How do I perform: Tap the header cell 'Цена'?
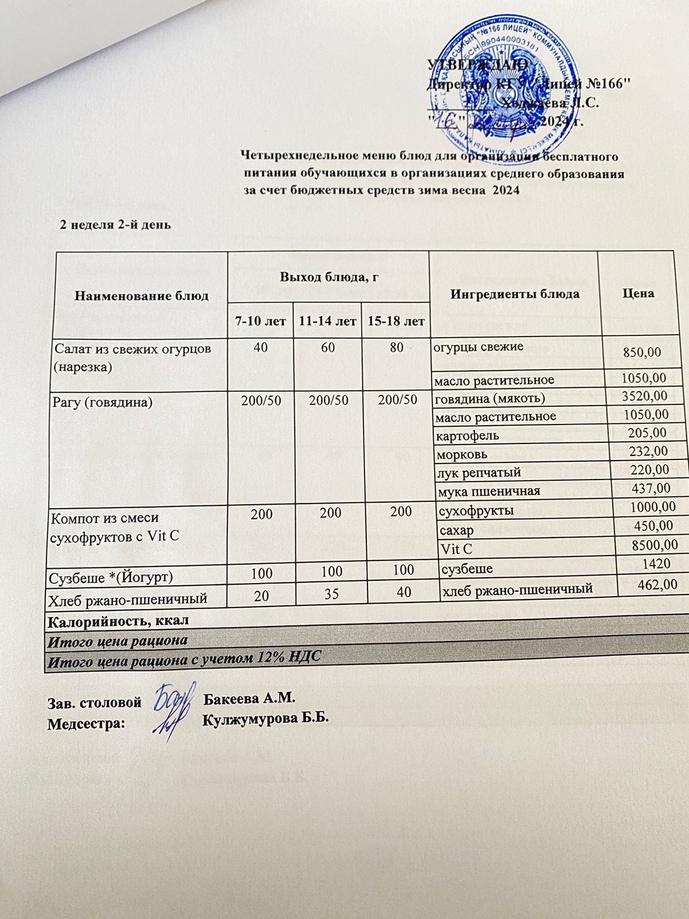pos(638,293)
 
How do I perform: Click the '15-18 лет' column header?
pos(396,321)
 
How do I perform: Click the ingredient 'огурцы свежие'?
pos(478,346)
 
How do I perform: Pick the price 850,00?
pos(642,352)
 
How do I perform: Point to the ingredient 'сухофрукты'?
pos(476,510)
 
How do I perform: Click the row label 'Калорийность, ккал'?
pos(118,621)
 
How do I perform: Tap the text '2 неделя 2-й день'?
pos(115,225)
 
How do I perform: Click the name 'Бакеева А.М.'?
pos(249,699)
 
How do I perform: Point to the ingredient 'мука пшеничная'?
pos(489,491)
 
